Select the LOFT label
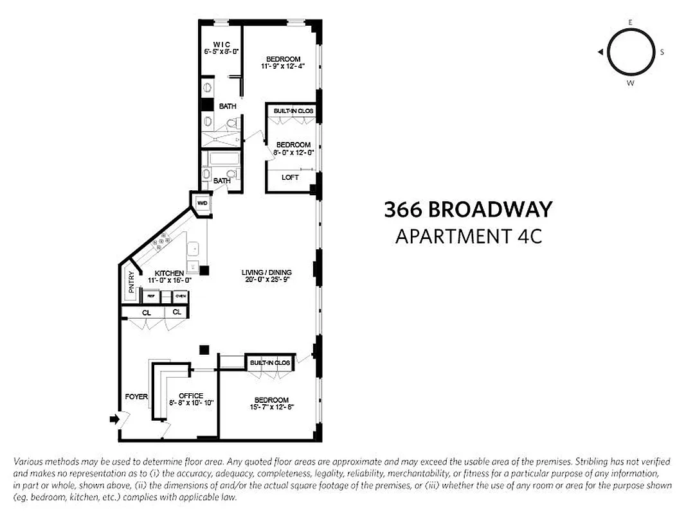(290, 177)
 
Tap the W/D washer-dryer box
(203, 203)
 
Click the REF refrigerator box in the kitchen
(151, 296)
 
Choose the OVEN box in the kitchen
(181, 296)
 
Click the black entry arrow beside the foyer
(114, 420)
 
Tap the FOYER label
(136, 396)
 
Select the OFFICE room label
(191, 396)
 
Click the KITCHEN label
(170, 272)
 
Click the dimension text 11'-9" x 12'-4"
(283, 66)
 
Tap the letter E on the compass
(630, 22)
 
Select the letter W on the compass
(630, 83)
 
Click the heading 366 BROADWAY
(468, 209)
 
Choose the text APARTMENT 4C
(468, 236)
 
